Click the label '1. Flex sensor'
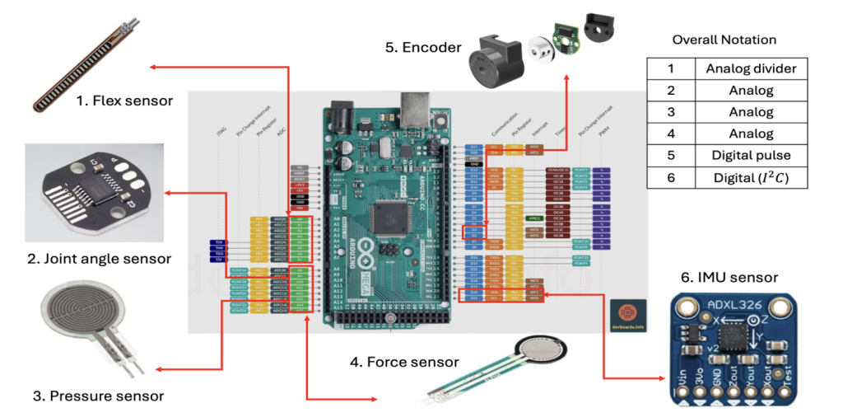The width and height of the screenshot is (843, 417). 123,101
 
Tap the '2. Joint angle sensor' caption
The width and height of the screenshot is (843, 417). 99,259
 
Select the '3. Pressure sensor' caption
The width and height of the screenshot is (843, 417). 98,396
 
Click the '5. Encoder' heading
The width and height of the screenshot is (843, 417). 423,47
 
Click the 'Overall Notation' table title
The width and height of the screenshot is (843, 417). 724,40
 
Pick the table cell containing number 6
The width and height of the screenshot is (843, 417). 670,177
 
